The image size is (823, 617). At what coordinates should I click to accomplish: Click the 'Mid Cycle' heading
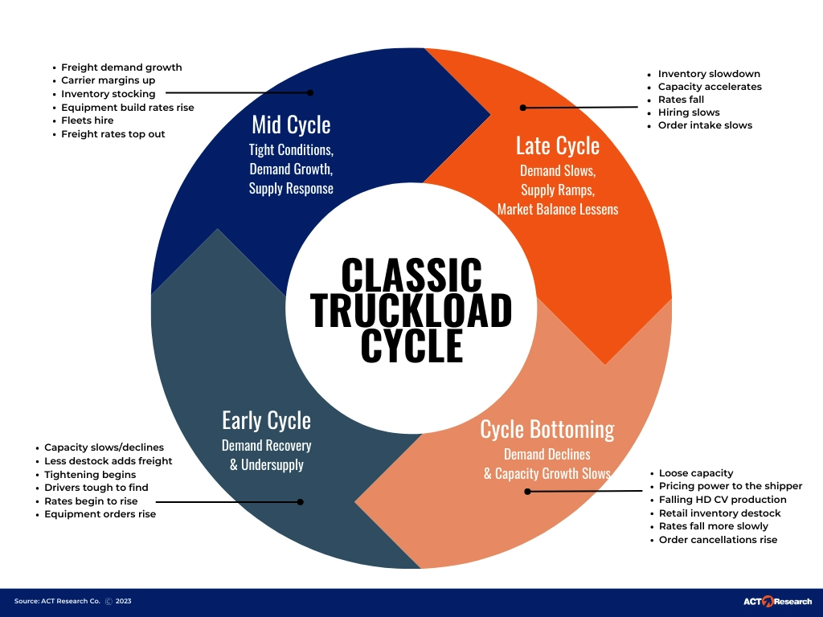point(291,125)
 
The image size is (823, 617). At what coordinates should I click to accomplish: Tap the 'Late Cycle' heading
point(558,145)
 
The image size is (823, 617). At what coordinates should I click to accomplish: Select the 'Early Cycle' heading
point(266,420)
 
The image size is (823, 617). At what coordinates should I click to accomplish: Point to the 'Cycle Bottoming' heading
point(547,429)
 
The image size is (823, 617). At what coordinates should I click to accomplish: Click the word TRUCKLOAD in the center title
point(411,310)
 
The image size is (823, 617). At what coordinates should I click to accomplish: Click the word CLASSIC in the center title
point(411,275)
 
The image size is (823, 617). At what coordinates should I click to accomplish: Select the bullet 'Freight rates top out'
point(113,134)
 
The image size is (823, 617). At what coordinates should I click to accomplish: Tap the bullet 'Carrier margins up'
point(109,80)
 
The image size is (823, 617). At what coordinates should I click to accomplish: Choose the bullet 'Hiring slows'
point(689,112)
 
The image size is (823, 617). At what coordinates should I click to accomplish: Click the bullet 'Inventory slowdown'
point(709,74)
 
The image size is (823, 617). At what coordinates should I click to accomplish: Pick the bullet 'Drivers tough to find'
point(96,488)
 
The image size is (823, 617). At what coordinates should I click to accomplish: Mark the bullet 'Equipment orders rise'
point(100,514)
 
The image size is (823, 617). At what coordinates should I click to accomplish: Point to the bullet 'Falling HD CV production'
point(723,500)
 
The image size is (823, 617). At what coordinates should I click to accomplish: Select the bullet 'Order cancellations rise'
point(718,540)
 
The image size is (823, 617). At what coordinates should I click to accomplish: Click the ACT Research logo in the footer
point(777,601)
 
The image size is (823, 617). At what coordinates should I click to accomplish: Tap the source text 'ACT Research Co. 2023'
point(72,601)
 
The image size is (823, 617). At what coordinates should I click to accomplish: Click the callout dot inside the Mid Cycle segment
point(310,93)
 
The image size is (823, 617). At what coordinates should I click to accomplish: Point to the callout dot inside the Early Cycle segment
point(301,501)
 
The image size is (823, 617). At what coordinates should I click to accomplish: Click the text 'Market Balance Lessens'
point(558,209)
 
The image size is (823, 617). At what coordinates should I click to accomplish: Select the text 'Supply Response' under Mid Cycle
point(291,189)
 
